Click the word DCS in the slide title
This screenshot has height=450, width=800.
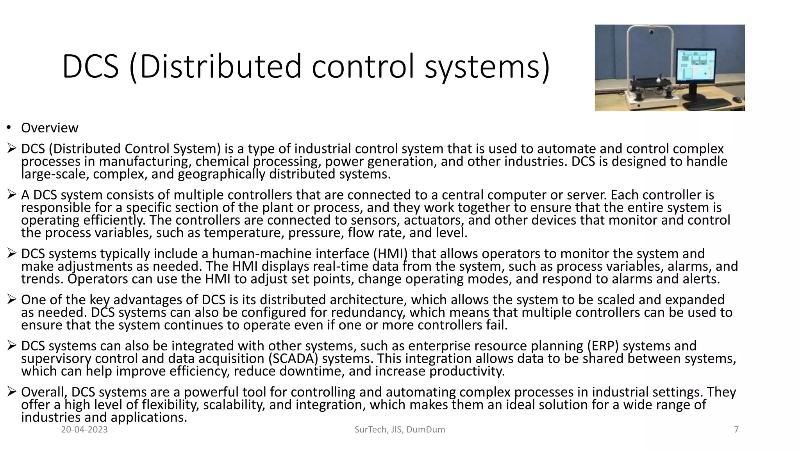pos(90,67)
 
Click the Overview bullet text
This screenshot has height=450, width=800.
pos(50,128)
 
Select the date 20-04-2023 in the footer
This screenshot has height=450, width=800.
pos(84,430)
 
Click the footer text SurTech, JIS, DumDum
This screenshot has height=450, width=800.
pos(400,430)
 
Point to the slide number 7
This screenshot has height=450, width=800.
pos(736,430)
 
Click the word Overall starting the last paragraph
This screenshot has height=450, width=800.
pos(44,392)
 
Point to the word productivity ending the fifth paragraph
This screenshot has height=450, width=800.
pos(467,371)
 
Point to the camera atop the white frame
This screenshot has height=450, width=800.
pos(651,30)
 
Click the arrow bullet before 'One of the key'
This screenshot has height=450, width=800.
pos(11,300)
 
